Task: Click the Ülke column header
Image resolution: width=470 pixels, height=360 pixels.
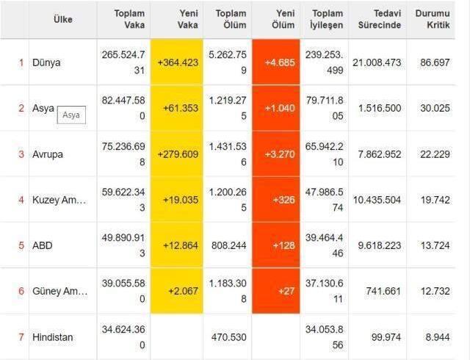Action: (62, 19)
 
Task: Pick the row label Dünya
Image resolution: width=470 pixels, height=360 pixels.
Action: (46, 62)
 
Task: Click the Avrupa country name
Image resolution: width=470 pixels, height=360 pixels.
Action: (48, 154)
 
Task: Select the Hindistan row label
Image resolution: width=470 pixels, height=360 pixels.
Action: (53, 337)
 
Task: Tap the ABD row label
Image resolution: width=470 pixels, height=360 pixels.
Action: (42, 245)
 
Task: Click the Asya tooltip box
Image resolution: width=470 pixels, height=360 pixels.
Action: (70, 115)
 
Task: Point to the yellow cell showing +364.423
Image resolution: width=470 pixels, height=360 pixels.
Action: (178, 62)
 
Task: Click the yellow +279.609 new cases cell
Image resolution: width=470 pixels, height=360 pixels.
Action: (178, 154)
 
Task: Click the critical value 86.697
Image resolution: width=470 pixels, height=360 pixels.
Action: (432, 62)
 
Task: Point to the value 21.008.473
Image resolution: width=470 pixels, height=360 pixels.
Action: (377, 62)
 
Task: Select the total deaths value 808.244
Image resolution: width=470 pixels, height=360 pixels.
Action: (228, 245)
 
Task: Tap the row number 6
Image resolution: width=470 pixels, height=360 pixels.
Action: (21, 291)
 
